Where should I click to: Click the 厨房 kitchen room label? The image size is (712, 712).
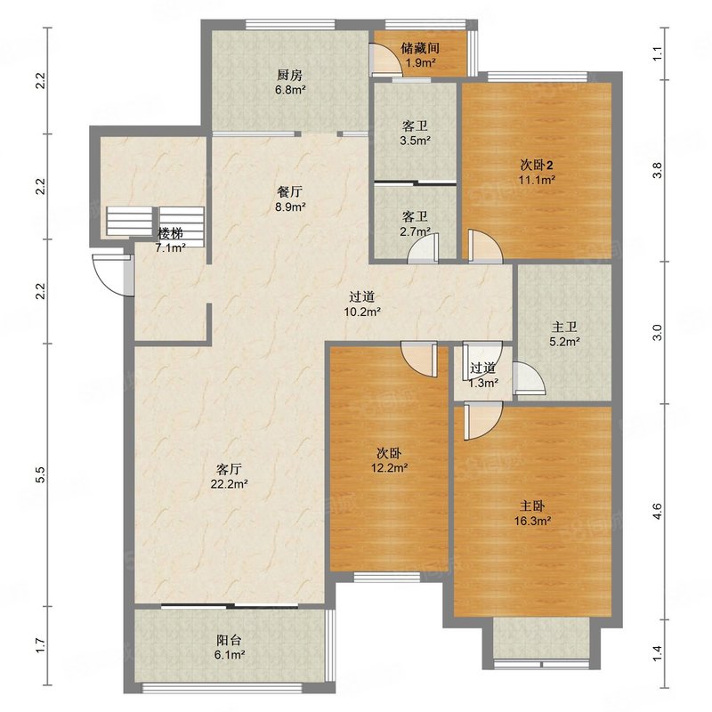tap(290, 75)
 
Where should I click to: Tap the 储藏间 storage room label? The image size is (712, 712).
tap(420, 47)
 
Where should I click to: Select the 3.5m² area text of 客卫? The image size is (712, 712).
tap(415, 141)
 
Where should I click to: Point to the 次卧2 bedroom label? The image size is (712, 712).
tap(537, 165)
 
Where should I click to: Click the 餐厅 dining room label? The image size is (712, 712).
tap(290, 192)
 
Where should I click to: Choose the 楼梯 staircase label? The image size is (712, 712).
tap(170, 233)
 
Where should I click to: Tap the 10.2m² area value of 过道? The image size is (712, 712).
tap(362, 312)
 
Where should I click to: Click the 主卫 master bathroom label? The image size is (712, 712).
tap(564, 327)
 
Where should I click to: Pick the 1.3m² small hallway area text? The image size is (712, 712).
tap(483, 383)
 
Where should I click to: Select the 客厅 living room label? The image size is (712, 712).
tap(229, 469)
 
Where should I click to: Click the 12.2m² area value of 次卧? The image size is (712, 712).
tap(389, 468)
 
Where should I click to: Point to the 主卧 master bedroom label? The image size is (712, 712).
tap(532, 506)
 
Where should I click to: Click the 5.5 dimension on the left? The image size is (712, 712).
tap(40, 474)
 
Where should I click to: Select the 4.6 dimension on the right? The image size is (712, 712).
tap(658, 512)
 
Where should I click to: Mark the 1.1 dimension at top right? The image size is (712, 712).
tap(658, 54)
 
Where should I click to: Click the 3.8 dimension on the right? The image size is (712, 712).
tap(658, 170)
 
